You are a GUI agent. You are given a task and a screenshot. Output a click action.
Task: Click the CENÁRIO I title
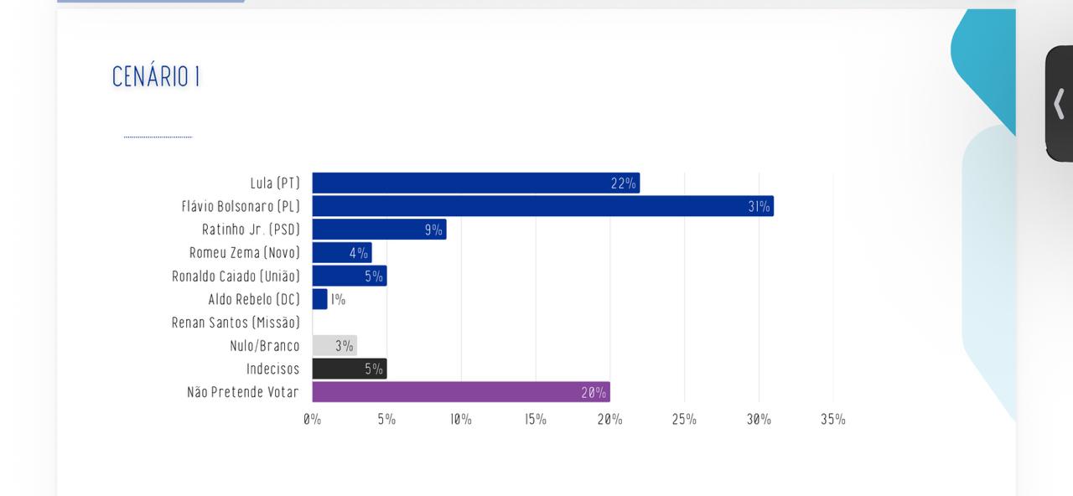(156, 77)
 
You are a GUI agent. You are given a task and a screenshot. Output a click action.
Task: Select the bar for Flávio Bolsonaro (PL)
(542, 206)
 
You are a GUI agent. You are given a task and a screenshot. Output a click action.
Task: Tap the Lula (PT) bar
(475, 183)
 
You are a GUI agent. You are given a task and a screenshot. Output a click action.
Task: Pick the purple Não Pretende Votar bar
(461, 392)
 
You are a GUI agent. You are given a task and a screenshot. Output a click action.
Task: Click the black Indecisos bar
(349, 369)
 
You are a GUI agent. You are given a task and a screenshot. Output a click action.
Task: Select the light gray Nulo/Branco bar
(334, 345)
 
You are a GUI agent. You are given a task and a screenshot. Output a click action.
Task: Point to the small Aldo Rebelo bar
(319, 299)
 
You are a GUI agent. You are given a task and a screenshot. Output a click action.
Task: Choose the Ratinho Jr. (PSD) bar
(379, 230)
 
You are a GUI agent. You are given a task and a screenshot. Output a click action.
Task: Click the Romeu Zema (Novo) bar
(341, 252)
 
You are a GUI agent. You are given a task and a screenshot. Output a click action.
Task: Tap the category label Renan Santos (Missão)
(236, 323)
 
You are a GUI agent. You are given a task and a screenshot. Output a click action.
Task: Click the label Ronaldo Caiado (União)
(236, 276)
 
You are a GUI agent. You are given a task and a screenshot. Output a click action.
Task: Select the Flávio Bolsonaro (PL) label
(241, 206)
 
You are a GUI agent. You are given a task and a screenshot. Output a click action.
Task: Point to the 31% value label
(759, 206)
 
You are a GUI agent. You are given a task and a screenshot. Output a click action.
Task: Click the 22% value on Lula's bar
(623, 183)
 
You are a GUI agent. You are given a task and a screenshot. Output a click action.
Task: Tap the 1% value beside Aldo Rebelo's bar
(338, 299)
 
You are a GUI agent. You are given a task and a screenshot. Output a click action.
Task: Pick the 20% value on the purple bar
(594, 392)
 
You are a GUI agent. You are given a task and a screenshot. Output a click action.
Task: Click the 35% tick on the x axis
(832, 420)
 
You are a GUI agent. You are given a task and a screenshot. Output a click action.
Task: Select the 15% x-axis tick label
(536, 420)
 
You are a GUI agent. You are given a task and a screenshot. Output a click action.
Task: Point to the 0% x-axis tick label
(312, 420)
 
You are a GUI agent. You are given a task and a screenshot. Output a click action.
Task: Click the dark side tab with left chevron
(1059, 104)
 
